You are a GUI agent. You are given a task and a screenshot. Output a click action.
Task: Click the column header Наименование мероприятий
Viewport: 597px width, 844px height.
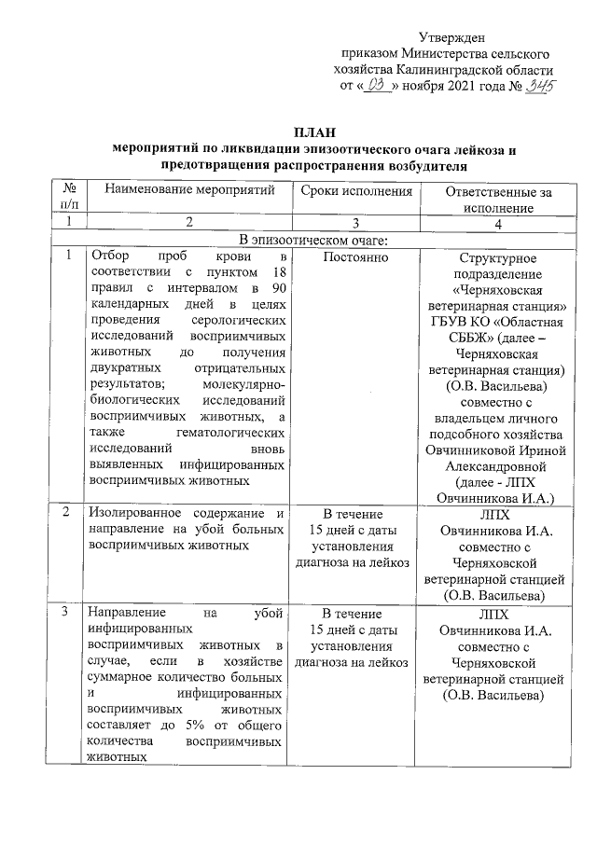point(189,191)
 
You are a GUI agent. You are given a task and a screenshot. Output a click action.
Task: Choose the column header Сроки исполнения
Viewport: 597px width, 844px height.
point(356,191)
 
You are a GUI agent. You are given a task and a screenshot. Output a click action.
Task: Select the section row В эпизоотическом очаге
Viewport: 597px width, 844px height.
point(312,240)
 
